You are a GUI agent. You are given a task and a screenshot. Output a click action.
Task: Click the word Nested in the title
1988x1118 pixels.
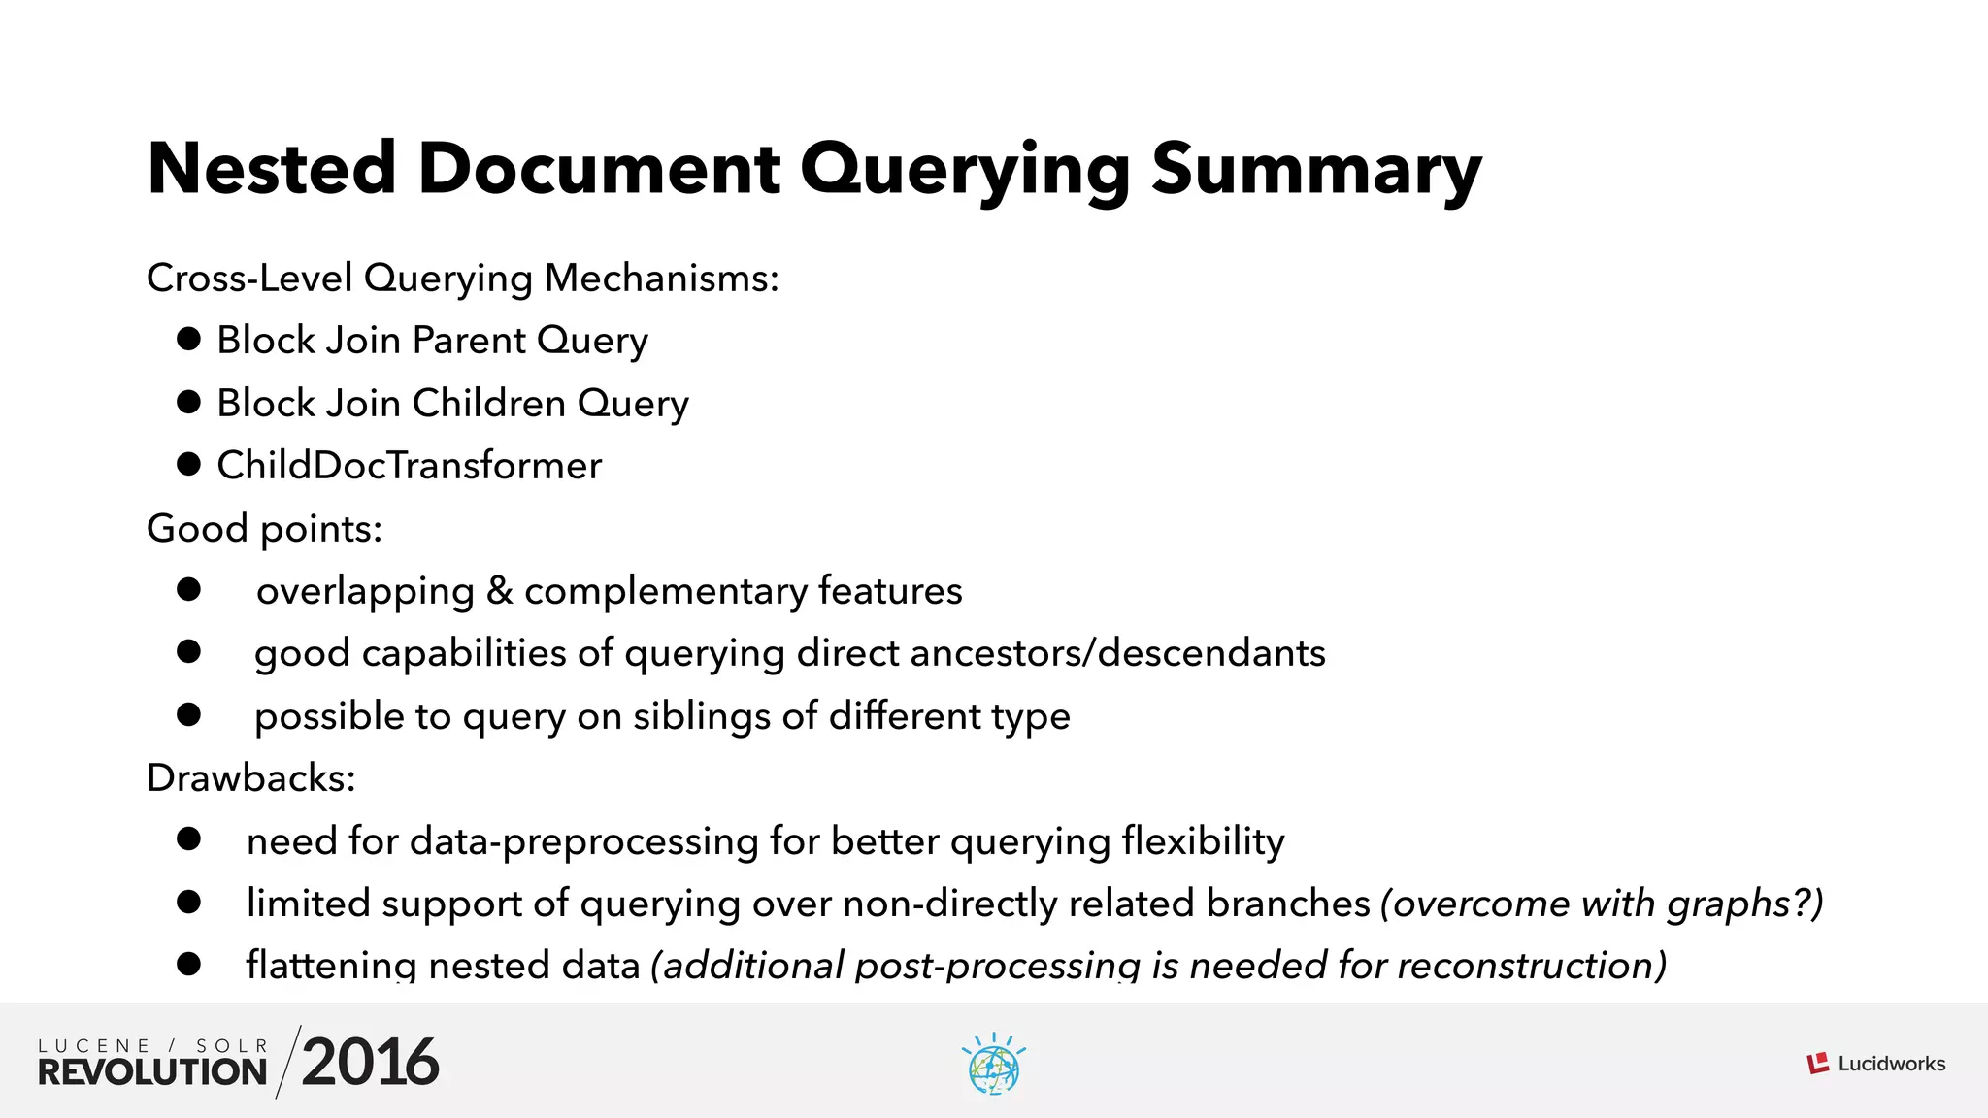click(272, 170)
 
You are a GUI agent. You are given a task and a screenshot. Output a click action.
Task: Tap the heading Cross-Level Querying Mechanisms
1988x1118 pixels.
click(462, 279)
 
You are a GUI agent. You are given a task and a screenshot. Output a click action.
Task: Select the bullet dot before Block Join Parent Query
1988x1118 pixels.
click(188, 340)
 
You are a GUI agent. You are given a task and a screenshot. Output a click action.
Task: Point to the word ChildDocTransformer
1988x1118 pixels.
click(409, 466)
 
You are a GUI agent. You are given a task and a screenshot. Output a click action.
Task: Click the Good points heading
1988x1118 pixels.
click(264, 529)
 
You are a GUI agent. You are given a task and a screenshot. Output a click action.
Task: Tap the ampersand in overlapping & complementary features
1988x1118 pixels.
click(499, 590)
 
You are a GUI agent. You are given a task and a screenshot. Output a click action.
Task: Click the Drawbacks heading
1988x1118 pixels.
click(250, 778)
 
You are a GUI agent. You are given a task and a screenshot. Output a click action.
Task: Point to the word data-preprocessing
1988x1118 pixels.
click(584, 841)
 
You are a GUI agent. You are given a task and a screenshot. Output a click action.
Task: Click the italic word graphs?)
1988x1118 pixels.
click(1744, 904)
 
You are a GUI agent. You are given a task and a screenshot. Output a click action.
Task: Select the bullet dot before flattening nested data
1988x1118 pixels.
click(188, 965)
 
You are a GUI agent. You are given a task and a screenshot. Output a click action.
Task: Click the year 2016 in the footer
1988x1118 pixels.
click(370, 1062)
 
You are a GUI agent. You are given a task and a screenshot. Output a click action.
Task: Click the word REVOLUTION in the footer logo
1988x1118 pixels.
click(152, 1071)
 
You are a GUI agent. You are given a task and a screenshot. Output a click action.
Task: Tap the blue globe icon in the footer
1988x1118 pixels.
click(993, 1066)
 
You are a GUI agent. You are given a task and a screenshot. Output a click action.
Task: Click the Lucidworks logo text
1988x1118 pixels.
click(1891, 1064)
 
